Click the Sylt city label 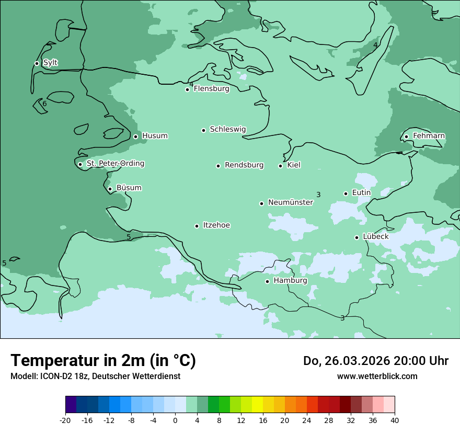50,63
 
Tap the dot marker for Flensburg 187,89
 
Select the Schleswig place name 227,129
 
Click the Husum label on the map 155,136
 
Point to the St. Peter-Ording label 115,164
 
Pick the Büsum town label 129,188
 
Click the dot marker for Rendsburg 218,166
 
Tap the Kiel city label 294,165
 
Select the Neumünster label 290,202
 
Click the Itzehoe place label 216,225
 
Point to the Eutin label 361,193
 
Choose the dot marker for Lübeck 356,237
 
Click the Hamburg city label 290,281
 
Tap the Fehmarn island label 429,136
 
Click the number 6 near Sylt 44,104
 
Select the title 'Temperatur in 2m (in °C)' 103,361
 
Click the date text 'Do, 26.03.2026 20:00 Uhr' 375,361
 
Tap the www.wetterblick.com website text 377,376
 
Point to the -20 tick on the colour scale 65,420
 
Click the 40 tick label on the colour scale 395,420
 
